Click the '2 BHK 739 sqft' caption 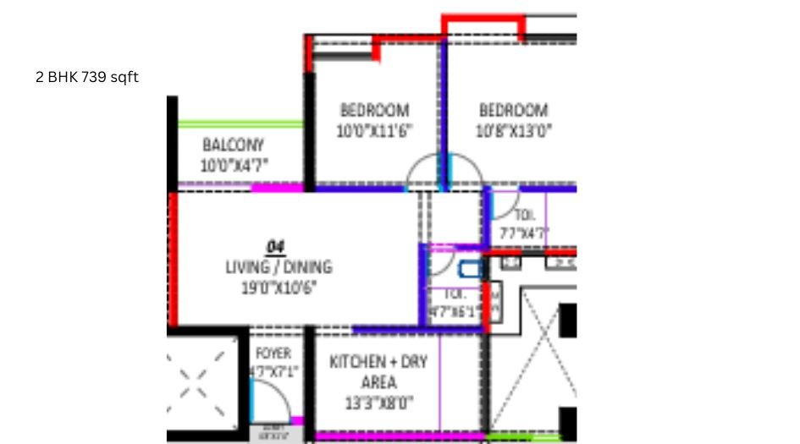[x=87, y=78]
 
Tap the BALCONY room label [x=233, y=145]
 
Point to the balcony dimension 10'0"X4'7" [x=234, y=166]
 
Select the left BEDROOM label [x=374, y=110]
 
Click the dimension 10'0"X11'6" [x=373, y=131]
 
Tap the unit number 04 [x=276, y=246]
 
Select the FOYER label [x=273, y=354]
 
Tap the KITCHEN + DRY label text [x=378, y=362]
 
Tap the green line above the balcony [x=240, y=124]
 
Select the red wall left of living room [x=173, y=258]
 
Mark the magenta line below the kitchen [x=398, y=436]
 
